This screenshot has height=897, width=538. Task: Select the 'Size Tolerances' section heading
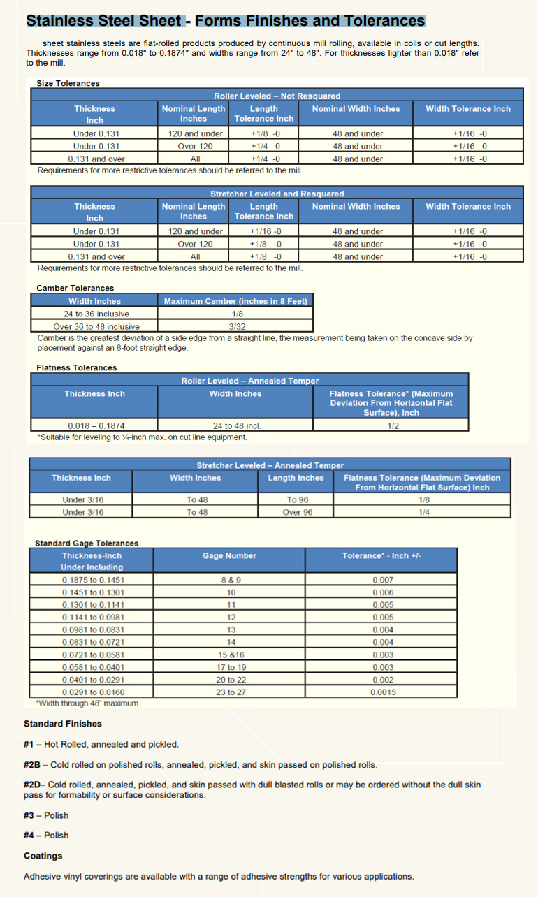(x=68, y=83)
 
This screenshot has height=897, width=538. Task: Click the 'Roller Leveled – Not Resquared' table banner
(x=277, y=96)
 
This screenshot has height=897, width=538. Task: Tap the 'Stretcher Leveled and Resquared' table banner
(x=277, y=194)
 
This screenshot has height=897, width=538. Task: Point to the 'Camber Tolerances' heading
(x=75, y=288)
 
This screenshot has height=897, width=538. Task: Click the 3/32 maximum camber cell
(x=235, y=326)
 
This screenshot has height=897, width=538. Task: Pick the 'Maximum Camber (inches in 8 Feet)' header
(x=235, y=301)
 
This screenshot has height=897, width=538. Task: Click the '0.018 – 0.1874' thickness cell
(x=96, y=425)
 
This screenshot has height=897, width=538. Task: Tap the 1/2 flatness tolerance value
(x=392, y=425)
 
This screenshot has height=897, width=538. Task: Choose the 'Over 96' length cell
(x=297, y=512)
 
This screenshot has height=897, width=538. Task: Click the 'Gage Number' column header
(x=229, y=555)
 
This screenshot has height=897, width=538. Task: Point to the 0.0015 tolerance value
(x=382, y=692)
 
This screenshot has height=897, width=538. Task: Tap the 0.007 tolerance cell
(x=382, y=580)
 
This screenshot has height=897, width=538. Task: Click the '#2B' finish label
(x=34, y=765)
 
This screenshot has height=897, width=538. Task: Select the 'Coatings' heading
(x=43, y=856)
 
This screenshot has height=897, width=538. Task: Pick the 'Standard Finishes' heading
(x=62, y=724)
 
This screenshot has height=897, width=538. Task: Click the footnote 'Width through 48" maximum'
(x=87, y=703)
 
